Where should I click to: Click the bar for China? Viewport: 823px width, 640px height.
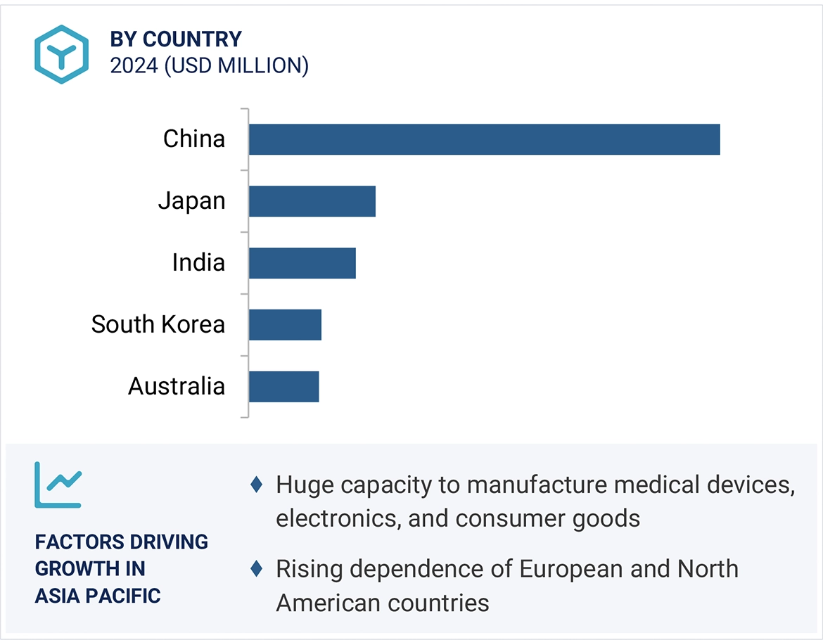pyautogui.click(x=484, y=139)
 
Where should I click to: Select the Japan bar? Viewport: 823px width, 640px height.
pyautogui.click(x=312, y=201)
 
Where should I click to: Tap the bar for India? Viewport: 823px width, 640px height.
pyautogui.click(x=302, y=263)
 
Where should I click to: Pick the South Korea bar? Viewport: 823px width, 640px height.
pyautogui.click(x=285, y=325)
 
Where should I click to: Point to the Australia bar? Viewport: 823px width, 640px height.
pyautogui.click(x=283, y=387)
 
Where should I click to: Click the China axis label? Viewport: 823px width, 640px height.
pyautogui.click(x=194, y=139)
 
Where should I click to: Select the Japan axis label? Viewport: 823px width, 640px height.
pyautogui.click(x=191, y=201)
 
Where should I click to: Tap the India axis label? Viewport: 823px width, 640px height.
pyautogui.click(x=198, y=263)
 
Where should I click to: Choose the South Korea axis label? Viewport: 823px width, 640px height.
pyautogui.click(x=158, y=325)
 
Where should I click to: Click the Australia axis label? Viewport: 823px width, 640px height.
pyautogui.click(x=177, y=387)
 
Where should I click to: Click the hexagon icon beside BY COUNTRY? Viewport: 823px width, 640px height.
pyautogui.click(x=61, y=54)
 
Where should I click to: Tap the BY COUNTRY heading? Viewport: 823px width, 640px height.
pyautogui.click(x=176, y=39)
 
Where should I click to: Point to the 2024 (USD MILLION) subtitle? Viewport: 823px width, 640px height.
pyautogui.click(x=209, y=65)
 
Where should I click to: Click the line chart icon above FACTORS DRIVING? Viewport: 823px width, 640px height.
pyautogui.click(x=58, y=485)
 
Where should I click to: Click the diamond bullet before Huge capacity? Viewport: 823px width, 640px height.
pyautogui.click(x=257, y=485)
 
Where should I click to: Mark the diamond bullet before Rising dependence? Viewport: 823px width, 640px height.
pyautogui.click(x=257, y=568)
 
